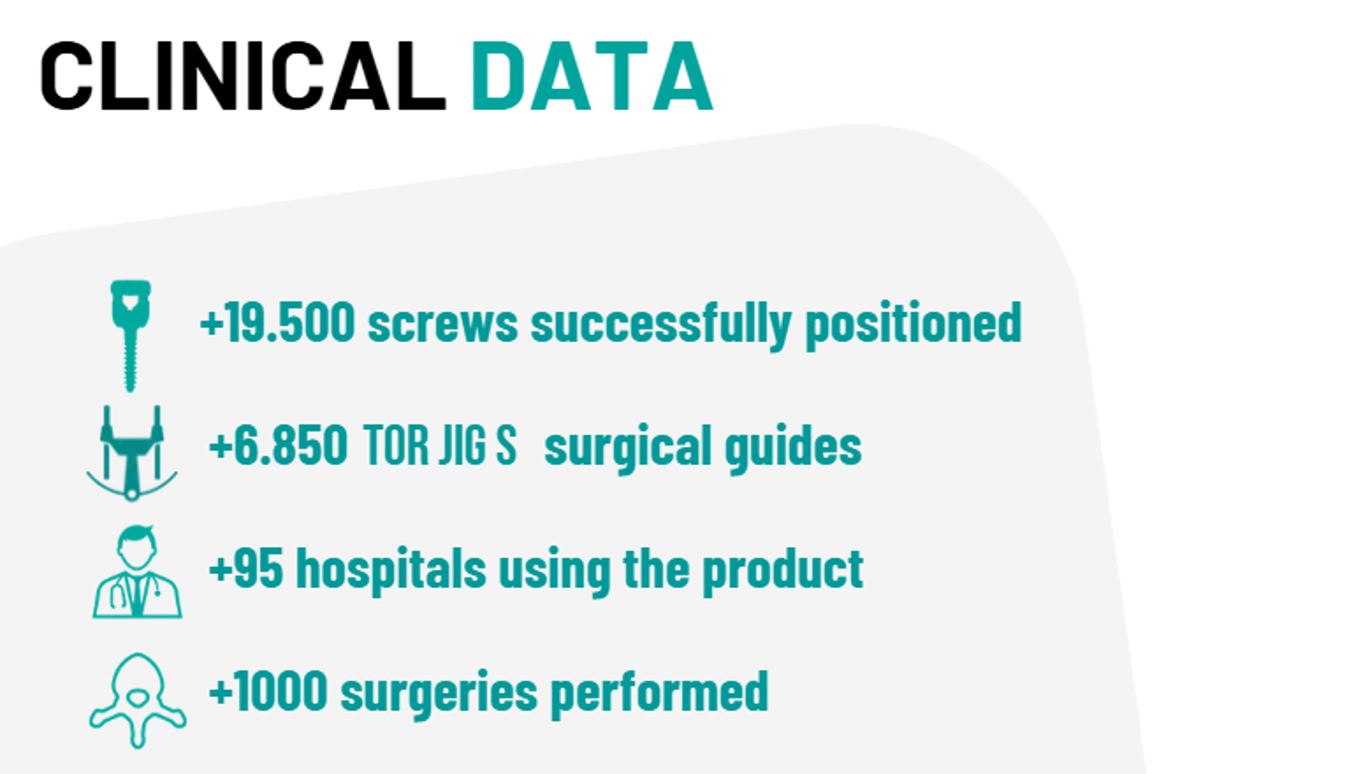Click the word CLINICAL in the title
pos(243,77)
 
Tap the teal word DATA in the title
pos(592,77)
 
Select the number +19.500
pos(277,323)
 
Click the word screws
pos(443,325)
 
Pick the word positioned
pos(913,325)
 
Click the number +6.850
pos(278,445)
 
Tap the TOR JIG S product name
pos(439,445)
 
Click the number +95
pos(246,569)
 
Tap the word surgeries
pos(439,694)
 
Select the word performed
pos(660,694)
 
